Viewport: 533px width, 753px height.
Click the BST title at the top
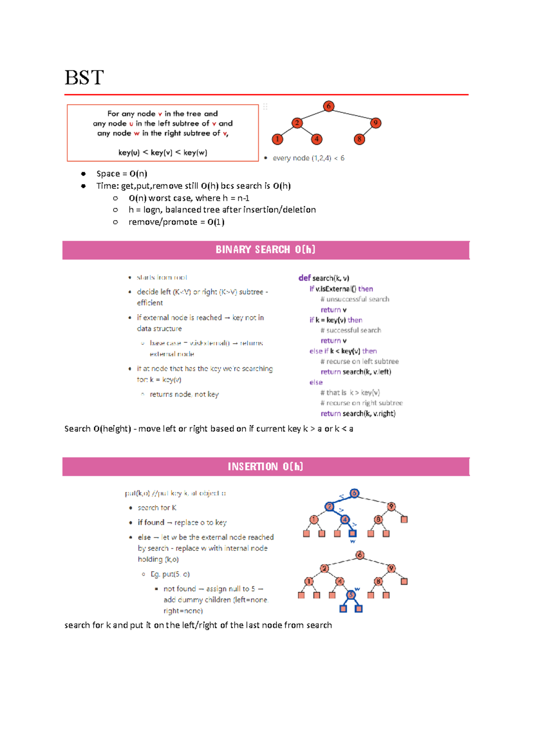[84, 78]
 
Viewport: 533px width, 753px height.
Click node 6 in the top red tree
[328, 106]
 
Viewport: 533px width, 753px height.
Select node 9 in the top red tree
[376, 123]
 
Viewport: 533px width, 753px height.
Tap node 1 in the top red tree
[278, 139]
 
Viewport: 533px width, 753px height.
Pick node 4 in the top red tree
[317, 139]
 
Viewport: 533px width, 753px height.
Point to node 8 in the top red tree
[359, 139]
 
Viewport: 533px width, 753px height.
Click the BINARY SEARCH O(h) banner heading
[266, 250]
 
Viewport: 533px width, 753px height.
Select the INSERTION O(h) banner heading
[266, 466]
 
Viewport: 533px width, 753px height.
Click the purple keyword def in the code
[304, 278]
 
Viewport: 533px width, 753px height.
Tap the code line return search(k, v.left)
[356, 372]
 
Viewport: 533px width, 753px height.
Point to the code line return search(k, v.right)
[358, 413]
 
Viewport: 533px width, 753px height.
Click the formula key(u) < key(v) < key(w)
[163, 152]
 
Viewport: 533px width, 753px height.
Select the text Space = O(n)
[122, 174]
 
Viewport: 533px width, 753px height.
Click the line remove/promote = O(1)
[176, 222]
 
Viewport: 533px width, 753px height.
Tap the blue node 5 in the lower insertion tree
[351, 595]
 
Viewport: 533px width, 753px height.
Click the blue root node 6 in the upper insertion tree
[354, 493]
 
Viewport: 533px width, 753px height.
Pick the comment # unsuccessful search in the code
[355, 299]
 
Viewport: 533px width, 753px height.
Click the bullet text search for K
[157, 508]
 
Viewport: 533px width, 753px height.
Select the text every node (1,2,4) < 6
[308, 158]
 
